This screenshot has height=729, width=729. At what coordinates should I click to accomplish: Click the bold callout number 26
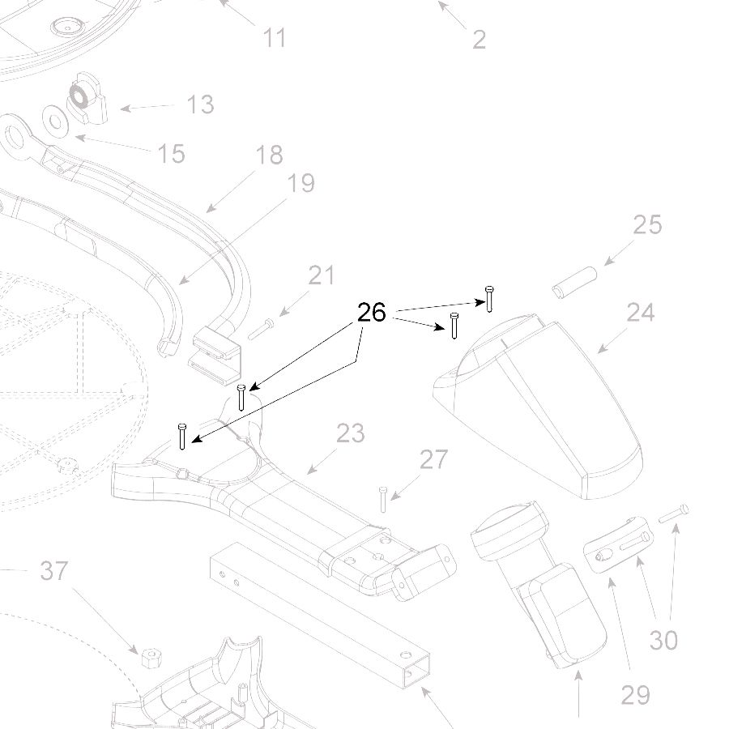pyautogui.click(x=372, y=313)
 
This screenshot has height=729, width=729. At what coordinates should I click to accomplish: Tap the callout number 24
pyautogui.click(x=640, y=313)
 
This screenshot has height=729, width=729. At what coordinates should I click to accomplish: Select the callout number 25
pyautogui.click(x=647, y=224)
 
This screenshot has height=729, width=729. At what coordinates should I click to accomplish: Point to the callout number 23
pyautogui.click(x=350, y=433)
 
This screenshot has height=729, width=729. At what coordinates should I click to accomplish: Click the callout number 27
pyautogui.click(x=433, y=460)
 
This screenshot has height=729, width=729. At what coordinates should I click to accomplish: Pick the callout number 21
pyautogui.click(x=322, y=275)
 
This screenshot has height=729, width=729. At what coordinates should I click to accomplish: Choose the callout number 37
pyautogui.click(x=54, y=572)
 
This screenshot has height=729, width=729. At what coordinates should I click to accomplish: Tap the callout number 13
pyautogui.click(x=200, y=104)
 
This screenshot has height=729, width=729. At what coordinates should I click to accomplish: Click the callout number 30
pyautogui.click(x=663, y=641)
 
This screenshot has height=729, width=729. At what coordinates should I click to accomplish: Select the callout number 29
pyautogui.click(x=635, y=694)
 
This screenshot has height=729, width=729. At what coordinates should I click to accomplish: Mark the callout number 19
pyautogui.click(x=301, y=183)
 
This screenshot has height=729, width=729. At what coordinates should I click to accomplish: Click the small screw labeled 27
pyautogui.click(x=382, y=499)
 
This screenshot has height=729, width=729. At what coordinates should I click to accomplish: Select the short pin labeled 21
pyautogui.click(x=261, y=328)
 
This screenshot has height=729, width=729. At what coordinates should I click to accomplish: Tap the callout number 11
pyautogui.click(x=275, y=38)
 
